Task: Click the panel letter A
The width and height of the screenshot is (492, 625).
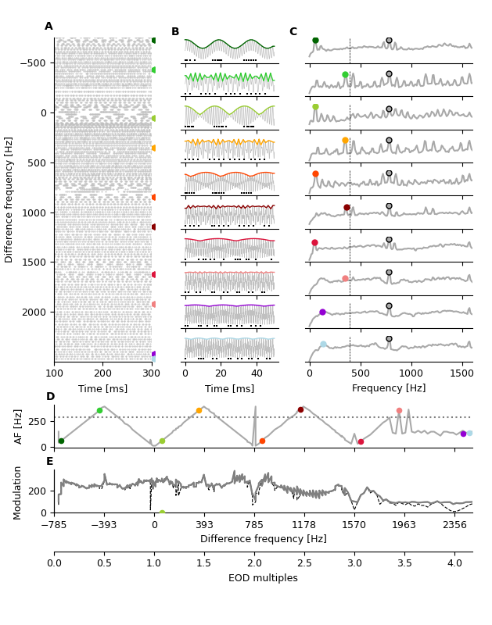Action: (48, 27)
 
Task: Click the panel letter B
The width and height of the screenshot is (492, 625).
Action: (175, 32)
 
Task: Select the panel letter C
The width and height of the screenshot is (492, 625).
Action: (293, 32)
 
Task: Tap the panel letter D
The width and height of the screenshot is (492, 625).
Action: (50, 397)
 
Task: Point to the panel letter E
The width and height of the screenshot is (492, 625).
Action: (50, 462)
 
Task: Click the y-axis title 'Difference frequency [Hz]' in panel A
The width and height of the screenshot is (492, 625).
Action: (9, 199)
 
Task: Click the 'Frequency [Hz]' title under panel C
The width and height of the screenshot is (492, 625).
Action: (389, 388)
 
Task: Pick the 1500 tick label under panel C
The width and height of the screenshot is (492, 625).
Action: (461, 373)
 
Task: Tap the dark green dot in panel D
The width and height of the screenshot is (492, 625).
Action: (61, 441)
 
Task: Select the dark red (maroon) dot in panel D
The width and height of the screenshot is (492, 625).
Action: (300, 409)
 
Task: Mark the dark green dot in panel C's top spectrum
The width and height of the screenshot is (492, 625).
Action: (315, 41)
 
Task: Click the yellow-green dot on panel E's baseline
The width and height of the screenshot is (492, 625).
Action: (162, 513)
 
